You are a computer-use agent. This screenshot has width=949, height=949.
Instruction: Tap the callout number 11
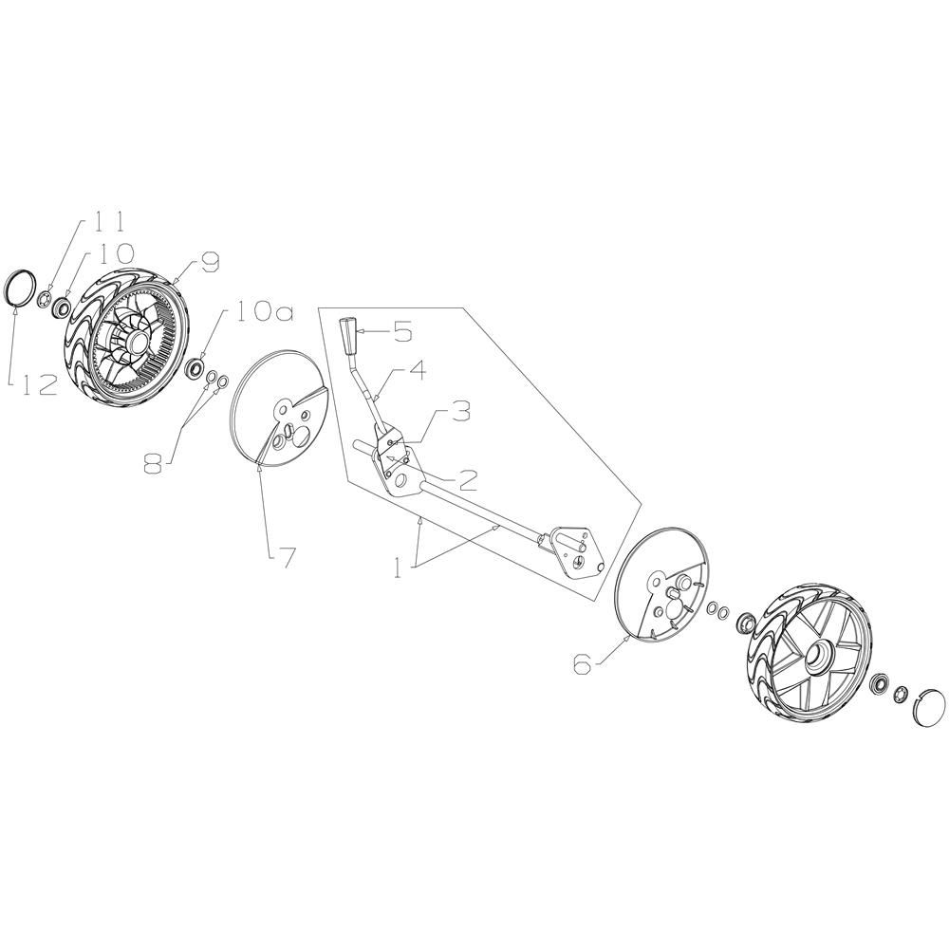109,220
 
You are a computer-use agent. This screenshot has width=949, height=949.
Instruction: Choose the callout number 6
584,664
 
